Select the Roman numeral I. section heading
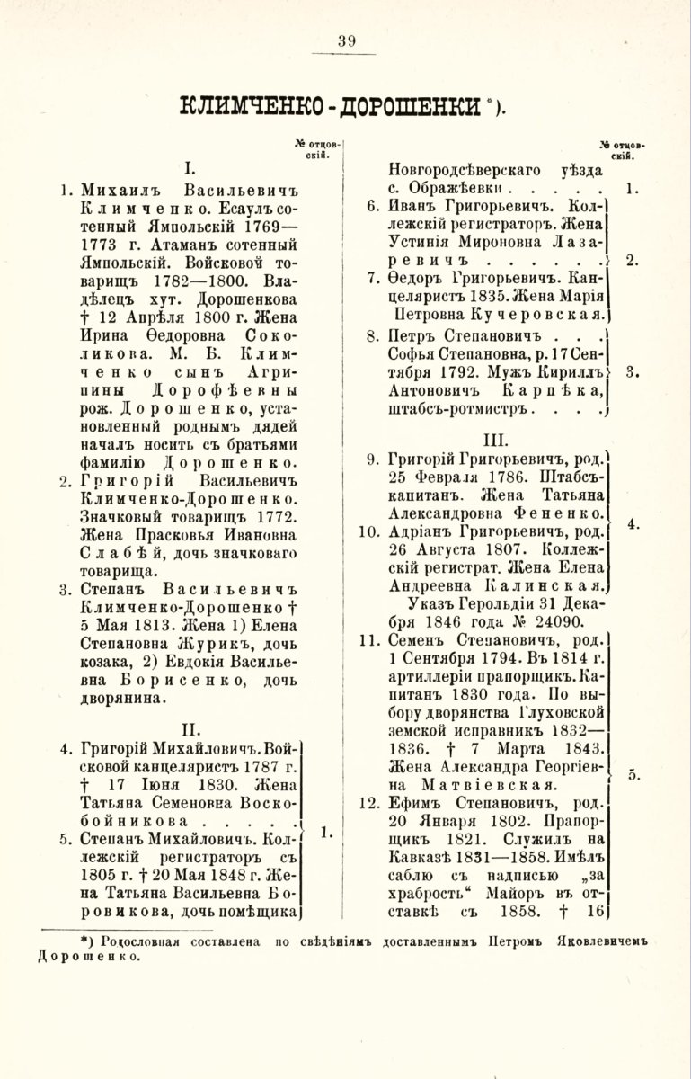pos(190,167)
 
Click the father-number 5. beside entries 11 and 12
pos(633,773)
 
